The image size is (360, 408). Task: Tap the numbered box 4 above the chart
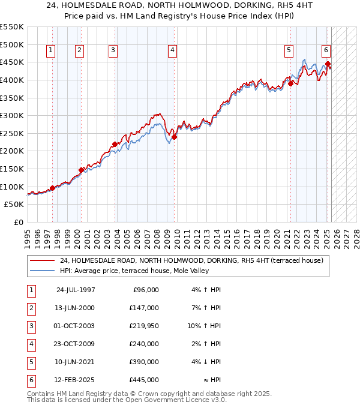click(172, 51)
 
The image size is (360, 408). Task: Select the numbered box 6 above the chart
click(326, 51)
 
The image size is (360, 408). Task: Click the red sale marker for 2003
click(114, 144)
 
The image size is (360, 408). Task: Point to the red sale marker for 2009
click(174, 137)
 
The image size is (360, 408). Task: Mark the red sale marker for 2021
click(290, 83)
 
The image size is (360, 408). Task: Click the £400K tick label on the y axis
click(12, 80)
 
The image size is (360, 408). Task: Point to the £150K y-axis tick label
click(12, 169)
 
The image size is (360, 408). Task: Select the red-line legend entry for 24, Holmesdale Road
click(191, 260)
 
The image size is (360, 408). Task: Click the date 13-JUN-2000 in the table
click(75, 308)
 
